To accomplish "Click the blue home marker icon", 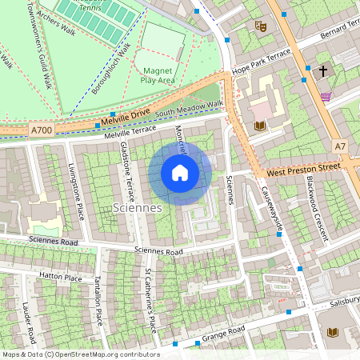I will (x=180, y=173).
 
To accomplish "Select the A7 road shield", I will (x=340, y=146).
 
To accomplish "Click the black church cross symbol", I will (x=323, y=71).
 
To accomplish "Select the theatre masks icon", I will (x=259, y=26).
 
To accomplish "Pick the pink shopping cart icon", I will (x=325, y=97).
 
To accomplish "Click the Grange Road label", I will (x=225, y=332).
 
